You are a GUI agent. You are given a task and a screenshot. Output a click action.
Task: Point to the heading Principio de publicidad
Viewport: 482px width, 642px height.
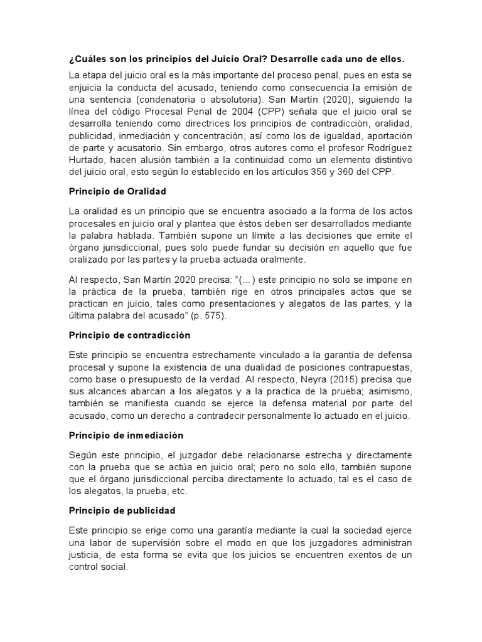[x=122, y=510]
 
